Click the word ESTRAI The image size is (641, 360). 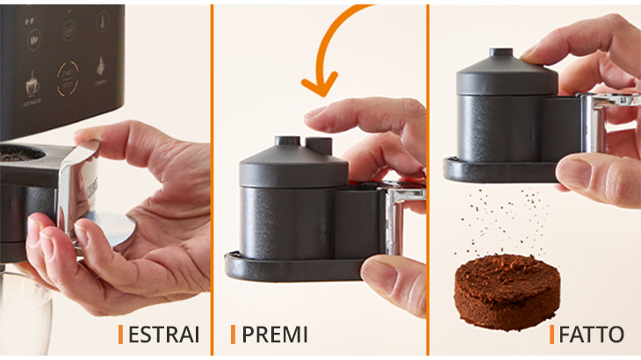[164, 335]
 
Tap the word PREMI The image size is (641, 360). [275, 335]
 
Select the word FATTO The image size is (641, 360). [591, 335]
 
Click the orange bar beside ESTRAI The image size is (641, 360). [120, 335]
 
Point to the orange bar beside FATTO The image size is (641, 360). [552, 335]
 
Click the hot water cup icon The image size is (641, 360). [32, 83]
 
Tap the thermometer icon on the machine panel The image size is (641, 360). [102, 22]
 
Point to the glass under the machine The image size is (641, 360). [25, 311]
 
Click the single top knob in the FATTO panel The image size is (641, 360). [501, 53]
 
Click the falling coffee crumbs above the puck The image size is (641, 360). [502, 220]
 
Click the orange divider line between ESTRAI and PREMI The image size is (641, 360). [212, 180]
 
